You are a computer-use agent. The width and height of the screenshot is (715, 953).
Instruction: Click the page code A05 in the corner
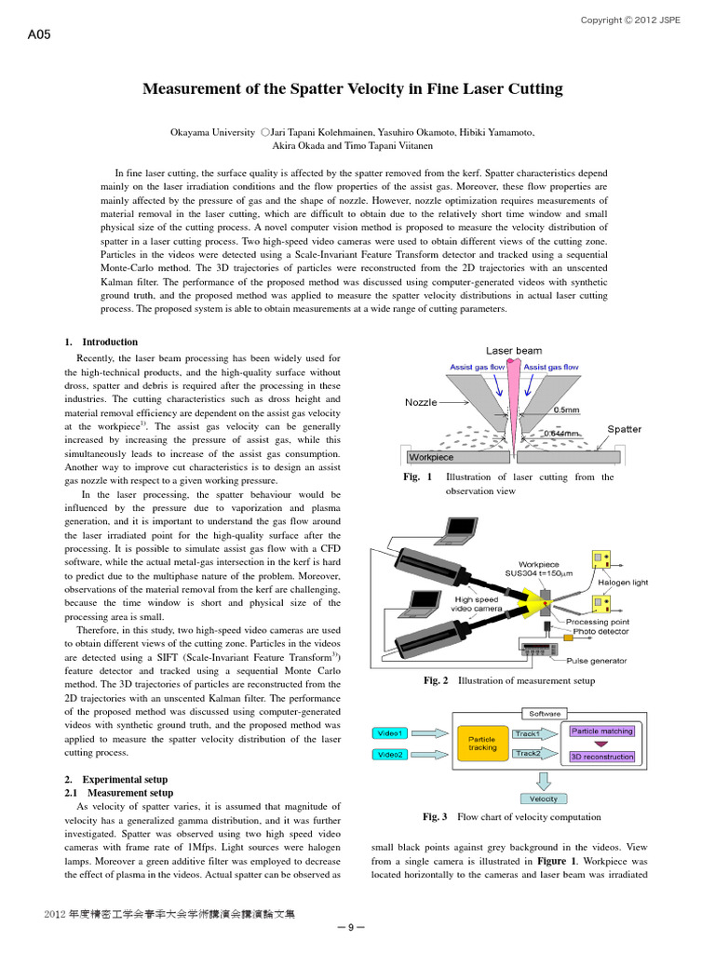(x=40, y=37)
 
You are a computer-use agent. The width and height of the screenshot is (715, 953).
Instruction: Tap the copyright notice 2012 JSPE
(x=630, y=20)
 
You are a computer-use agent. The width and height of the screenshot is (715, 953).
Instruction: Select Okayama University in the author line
(x=212, y=133)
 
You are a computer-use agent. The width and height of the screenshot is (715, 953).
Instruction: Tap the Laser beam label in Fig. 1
(x=513, y=351)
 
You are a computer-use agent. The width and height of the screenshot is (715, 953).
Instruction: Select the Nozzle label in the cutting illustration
(x=422, y=402)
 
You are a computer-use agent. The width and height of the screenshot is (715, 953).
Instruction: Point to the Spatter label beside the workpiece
(x=624, y=429)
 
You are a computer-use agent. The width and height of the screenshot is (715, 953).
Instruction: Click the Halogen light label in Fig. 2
(x=622, y=583)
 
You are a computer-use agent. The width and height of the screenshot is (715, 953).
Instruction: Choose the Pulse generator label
(x=596, y=661)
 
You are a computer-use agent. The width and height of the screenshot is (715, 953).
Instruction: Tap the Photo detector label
(x=600, y=631)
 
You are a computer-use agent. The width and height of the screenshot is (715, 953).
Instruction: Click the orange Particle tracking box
(x=482, y=744)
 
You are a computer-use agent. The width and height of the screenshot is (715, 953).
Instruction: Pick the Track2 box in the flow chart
(x=528, y=753)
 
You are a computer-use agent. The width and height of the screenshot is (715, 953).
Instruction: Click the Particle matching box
(x=601, y=732)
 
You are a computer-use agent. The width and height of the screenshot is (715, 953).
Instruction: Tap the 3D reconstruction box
(x=601, y=757)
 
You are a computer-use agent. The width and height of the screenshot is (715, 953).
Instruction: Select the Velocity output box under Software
(x=544, y=799)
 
